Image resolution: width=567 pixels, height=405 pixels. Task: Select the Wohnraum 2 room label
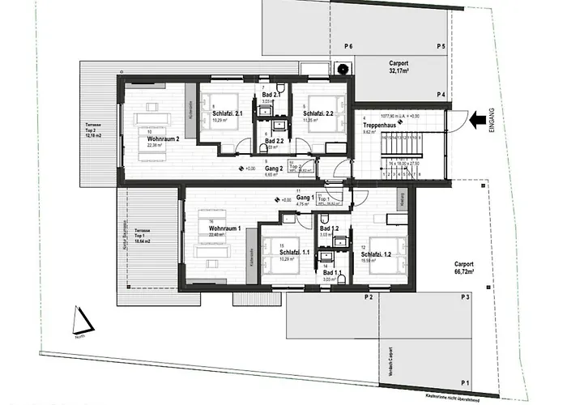click(163, 139)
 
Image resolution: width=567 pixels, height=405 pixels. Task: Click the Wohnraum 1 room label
click(226, 229)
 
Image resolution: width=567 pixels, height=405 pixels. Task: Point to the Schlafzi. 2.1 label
click(228, 114)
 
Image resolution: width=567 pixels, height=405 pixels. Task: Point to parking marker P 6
click(348, 45)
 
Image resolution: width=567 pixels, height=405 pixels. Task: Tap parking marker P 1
click(464, 382)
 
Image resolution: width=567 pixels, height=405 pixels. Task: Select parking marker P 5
click(441, 45)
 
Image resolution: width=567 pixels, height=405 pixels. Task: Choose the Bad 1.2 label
click(330, 229)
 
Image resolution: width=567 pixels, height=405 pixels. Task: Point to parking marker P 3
click(464, 298)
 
